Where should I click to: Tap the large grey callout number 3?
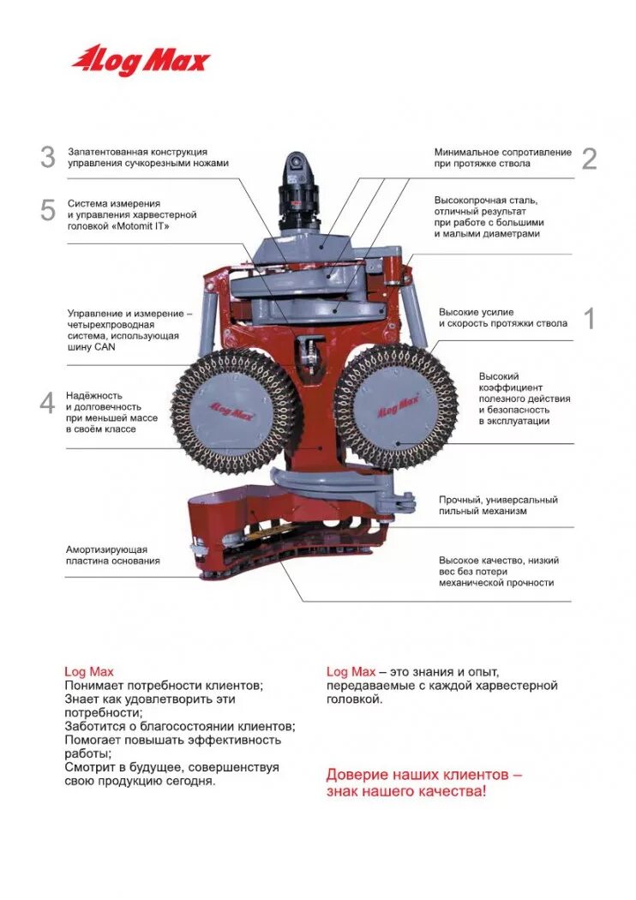point(48,157)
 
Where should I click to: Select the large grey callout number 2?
point(589,159)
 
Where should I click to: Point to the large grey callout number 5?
point(48,211)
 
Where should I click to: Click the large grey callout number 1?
point(589,319)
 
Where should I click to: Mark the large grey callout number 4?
point(48,403)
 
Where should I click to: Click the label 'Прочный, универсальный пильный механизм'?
point(498,505)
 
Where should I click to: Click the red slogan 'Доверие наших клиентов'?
point(423,783)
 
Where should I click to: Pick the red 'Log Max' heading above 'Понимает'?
point(89,672)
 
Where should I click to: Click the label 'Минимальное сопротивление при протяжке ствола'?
point(502,158)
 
